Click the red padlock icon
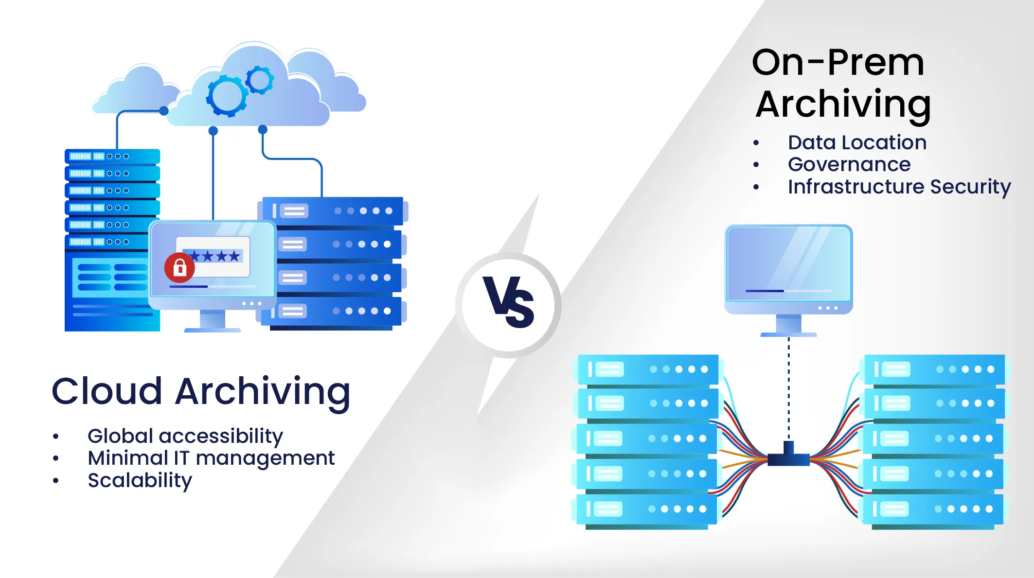[x=179, y=267]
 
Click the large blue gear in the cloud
[x=227, y=96]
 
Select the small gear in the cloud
[x=259, y=80]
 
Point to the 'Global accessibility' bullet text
[x=185, y=436]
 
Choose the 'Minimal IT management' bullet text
[x=211, y=458]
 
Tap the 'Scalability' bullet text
[x=140, y=480]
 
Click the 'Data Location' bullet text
[x=857, y=142]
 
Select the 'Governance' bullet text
[x=849, y=164]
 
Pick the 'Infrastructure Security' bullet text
[x=899, y=187]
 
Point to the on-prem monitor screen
[x=788, y=263]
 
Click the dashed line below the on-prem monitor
[x=788, y=389]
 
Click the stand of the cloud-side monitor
[x=213, y=321]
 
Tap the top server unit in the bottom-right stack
[x=934, y=369]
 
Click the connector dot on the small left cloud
[x=164, y=111]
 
